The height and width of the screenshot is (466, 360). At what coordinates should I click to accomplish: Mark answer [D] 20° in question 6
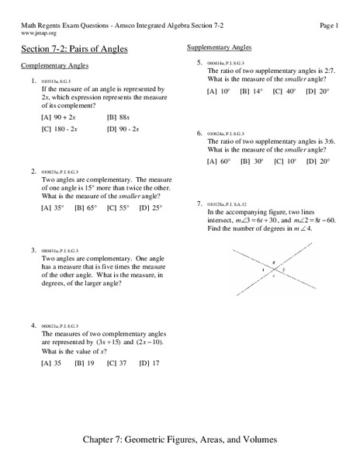(317, 161)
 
